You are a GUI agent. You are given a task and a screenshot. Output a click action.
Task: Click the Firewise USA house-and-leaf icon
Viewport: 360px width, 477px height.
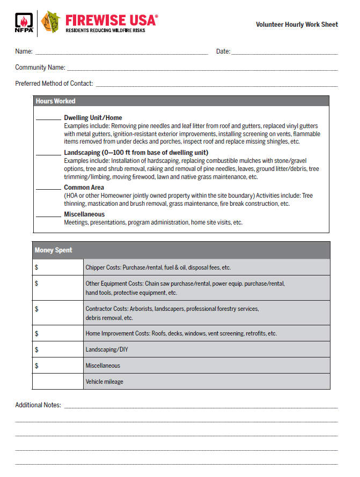[x=51, y=22]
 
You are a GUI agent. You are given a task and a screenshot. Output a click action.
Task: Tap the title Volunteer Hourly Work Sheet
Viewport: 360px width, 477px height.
[x=297, y=25]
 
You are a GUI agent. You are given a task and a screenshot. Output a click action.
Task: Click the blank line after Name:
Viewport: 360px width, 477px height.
[x=121, y=54]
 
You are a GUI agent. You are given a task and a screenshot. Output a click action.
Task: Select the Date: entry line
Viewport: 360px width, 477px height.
[x=284, y=54]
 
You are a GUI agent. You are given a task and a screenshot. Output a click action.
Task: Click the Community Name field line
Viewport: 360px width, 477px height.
[x=202, y=70]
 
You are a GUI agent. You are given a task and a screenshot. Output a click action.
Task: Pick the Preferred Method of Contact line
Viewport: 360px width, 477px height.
[x=217, y=86]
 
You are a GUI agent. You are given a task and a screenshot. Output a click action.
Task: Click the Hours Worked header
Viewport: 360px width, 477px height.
[x=55, y=101]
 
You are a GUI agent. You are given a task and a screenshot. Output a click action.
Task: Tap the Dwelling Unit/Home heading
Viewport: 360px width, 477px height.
[x=93, y=118]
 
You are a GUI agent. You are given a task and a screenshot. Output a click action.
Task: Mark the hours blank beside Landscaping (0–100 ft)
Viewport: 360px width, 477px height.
[x=48, y=155]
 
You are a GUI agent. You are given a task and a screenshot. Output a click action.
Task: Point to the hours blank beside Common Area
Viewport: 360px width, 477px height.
[x=48, y=190]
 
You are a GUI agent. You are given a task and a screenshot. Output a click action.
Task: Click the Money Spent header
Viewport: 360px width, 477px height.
[x=53, y=250]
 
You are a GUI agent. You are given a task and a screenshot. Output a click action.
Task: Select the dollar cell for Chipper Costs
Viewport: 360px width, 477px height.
[x=58, y=267]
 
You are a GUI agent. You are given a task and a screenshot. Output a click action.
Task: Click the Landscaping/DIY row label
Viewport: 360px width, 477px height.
[x=107, y=349]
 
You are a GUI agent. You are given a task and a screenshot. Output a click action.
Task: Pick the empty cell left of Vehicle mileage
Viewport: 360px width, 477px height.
[x=58, y=382]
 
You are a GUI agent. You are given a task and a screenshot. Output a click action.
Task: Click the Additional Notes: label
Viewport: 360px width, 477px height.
[x=38, y=405]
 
